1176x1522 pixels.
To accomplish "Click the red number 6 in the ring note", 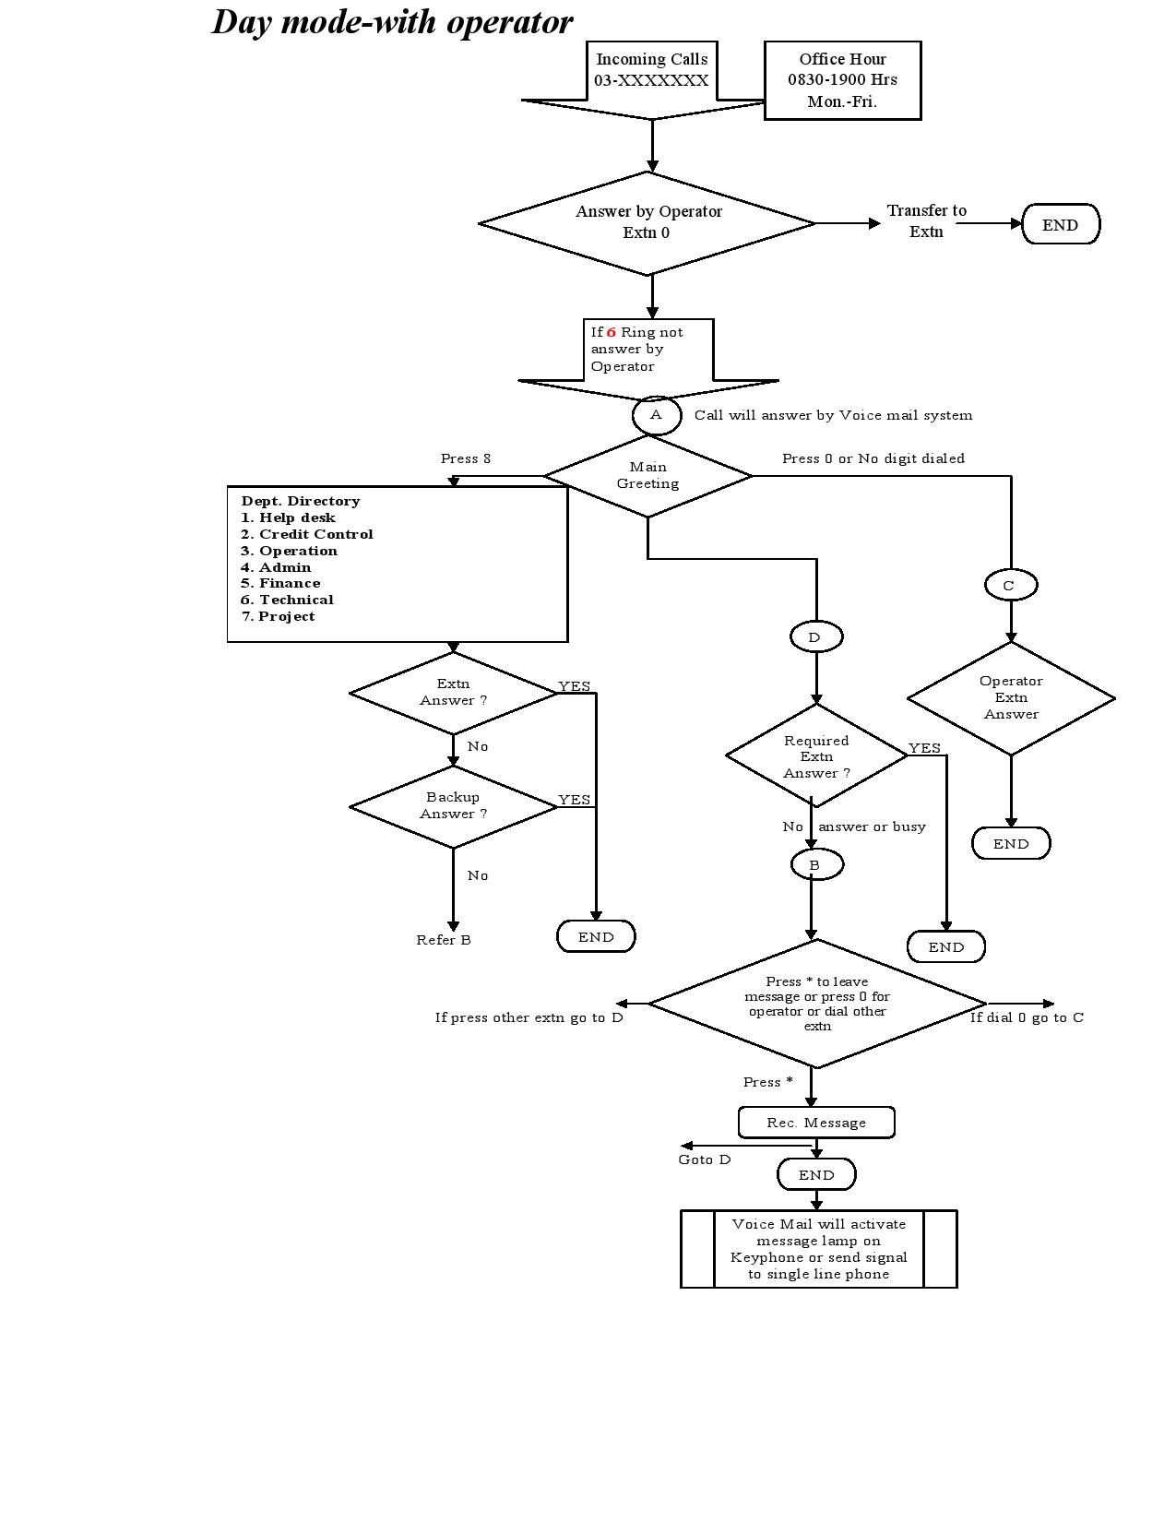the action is coord(611,332).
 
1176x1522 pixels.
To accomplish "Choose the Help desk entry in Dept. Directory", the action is coord(288,517).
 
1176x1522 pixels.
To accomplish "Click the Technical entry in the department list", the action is coord(287,600).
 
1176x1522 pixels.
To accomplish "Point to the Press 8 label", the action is coord(466,458).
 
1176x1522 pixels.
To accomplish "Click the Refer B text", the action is coord(444,940).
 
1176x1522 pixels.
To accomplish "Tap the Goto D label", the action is coord(704,1159).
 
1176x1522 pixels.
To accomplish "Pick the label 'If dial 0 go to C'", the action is coord(1027,1017).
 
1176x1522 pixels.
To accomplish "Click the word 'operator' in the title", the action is coord(509,23).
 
